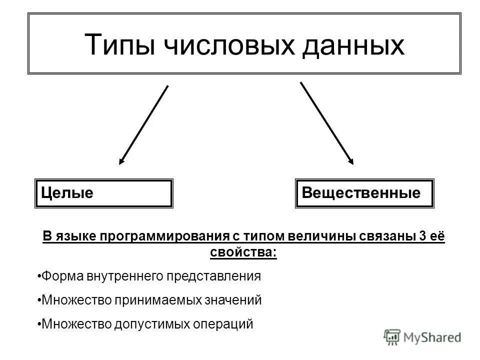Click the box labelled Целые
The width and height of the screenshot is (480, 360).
(103, 193)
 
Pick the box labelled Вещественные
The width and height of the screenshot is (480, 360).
(364, 193)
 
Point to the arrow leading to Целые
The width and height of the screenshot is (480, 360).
(143, 125)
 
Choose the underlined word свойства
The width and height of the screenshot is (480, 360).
(243, 252)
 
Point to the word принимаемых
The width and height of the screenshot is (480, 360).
(159, 300)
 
